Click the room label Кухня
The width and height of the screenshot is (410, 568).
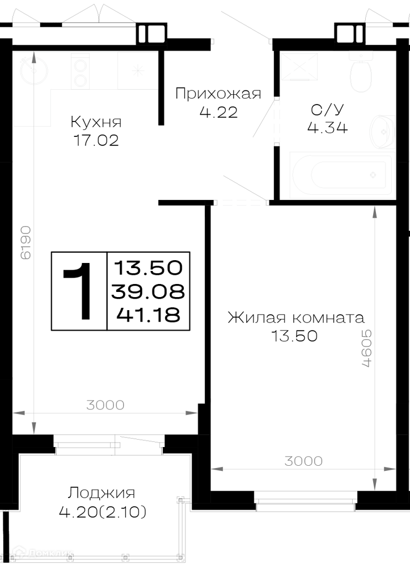tap(96, 122)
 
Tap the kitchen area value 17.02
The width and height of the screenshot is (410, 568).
tap(96, 140)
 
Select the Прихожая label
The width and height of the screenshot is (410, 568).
tap(218, 94)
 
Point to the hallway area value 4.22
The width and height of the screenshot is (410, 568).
tap(218, 112)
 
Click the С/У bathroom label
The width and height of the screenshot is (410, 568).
tap(327, 110)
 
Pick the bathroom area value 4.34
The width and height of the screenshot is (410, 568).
tap(327, 127)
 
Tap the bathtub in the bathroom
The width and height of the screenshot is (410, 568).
tap(341, 176)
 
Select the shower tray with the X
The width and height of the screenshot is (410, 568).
tap(299, 66)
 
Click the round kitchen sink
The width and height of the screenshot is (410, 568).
tap(34, 70)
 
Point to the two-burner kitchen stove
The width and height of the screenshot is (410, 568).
tap(79, 70)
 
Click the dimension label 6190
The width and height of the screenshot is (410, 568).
tap(26, 243)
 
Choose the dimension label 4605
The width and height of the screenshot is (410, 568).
tap(366, 348)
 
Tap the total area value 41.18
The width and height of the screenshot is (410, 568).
tap(148, 315)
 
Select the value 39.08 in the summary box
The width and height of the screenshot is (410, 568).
tap(148, 291)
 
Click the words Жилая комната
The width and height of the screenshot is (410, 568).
tap(296, 318)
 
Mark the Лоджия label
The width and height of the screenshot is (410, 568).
tap(102, 494)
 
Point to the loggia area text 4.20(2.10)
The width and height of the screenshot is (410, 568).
tap(103, 512)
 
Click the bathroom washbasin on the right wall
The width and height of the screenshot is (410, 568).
tap(383, 132)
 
